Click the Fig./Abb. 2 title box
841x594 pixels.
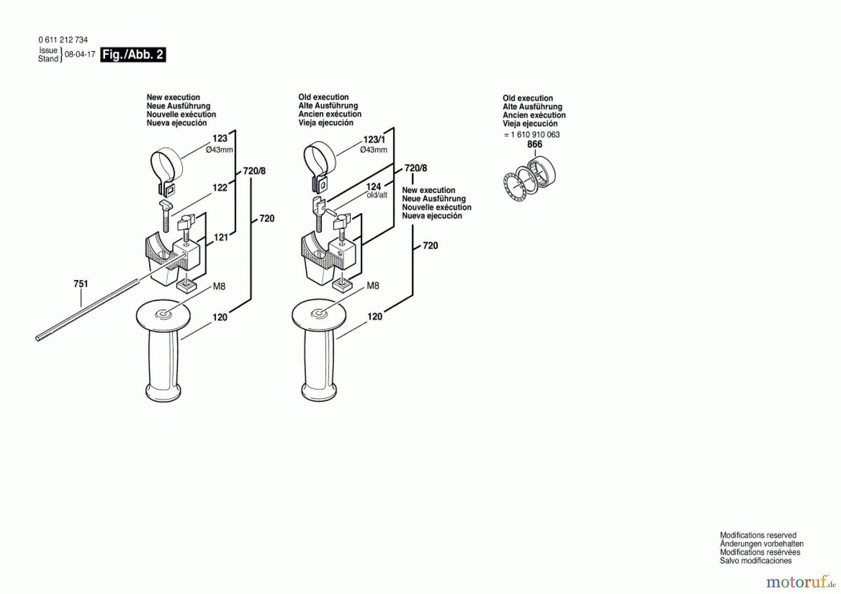point(133,55)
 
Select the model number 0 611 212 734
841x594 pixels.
point(63,40)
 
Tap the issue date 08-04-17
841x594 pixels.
point(80,54)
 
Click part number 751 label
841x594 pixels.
point(81,284)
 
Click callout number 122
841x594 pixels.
point(220,187)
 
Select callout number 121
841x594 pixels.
point(221,237)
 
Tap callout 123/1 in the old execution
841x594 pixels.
point(374,140)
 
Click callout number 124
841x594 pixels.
point(374,186)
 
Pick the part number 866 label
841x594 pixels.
point(535,144)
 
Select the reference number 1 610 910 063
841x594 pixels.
point(535,135)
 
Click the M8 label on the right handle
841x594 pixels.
point(373,286)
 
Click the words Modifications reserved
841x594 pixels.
point(758,536)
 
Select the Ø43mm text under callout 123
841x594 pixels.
point(220,150)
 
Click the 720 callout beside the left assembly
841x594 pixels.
point(267,218)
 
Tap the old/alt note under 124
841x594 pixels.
point(377,195)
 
